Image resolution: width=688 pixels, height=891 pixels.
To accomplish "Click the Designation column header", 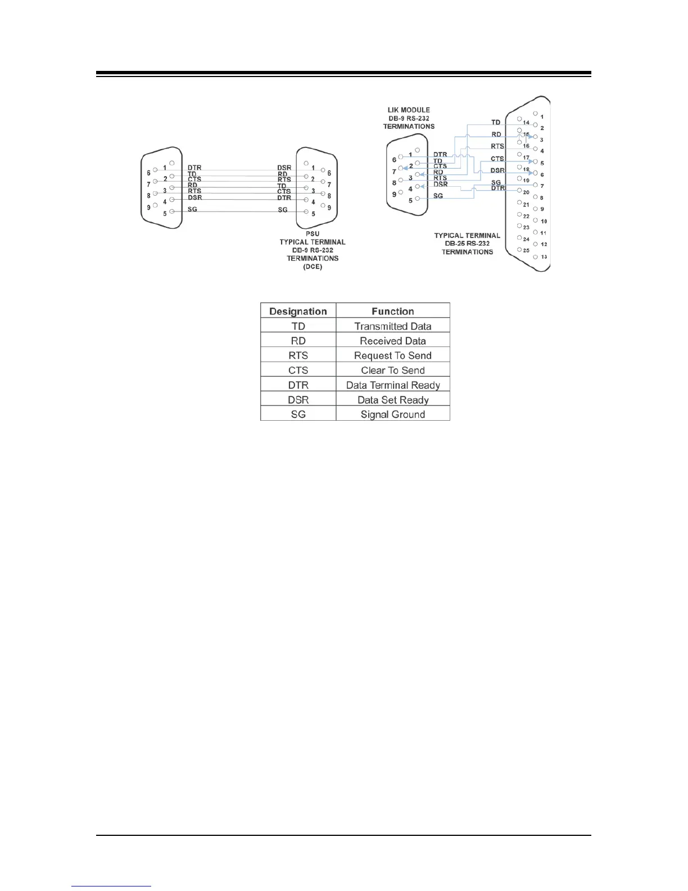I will pos(298,311).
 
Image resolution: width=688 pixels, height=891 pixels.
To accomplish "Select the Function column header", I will pos(392,311).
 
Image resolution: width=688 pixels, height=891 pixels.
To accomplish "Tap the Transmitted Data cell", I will pos(392,326).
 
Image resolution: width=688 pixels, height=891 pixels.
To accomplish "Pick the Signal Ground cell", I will pos(392,415).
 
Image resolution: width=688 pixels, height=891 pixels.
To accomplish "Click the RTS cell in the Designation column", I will pos(298,355).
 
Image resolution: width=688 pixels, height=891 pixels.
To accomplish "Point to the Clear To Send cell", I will pos(392,370).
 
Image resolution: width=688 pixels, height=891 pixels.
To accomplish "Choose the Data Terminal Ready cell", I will pos(392,385).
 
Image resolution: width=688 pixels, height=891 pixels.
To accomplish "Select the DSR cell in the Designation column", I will pos(298,400).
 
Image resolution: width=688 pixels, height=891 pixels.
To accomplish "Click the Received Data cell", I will pos(392,341).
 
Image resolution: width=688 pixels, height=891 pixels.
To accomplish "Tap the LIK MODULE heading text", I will pos(409,110).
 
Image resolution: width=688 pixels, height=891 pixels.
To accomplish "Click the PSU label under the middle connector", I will pos(313,234).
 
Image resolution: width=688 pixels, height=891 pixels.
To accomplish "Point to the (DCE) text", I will pos(313,267).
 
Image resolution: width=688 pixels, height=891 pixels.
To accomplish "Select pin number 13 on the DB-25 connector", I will pos(544,257).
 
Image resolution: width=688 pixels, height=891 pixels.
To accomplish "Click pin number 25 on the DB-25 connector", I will pos(526,250).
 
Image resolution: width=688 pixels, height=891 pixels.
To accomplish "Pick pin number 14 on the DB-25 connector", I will pos(526,122).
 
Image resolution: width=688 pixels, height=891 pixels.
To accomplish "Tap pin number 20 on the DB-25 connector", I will pos(526,192).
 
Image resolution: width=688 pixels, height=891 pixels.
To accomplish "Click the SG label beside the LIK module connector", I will pos(438,196).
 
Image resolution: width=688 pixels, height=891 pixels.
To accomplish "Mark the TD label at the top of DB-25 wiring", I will pos(496,122).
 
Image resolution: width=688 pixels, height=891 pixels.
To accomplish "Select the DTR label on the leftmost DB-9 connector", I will pos(194,168).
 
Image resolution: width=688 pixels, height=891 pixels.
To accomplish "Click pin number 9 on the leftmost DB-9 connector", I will pos(149,208).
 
